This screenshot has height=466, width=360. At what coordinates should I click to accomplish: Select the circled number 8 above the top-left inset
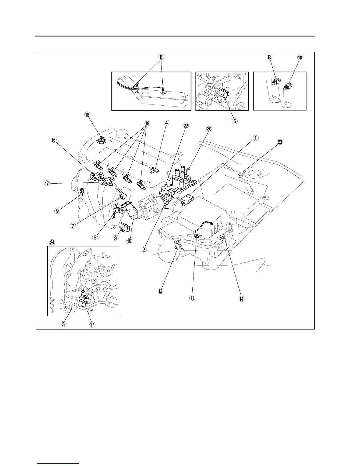pos(161,57)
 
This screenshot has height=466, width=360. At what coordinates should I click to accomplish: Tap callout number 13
pos(269,57)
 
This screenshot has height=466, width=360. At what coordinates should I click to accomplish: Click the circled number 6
pos(234,121)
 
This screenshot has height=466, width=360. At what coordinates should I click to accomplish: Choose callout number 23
pos(280,142)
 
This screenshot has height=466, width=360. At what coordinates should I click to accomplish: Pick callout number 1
pos(256,138)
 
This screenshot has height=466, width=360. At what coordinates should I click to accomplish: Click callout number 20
pos(209,129)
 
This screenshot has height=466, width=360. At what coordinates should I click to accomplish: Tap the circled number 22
pos(186,126)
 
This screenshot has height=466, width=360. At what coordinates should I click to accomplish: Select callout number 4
pos(166,122)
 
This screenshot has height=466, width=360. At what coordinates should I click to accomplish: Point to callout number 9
pos(57,211)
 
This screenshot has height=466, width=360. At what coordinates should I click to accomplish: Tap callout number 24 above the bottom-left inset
pos(52,242)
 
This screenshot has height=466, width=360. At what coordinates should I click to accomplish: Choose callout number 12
pos(160,291)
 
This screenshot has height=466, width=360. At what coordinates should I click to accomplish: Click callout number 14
pos(241,299)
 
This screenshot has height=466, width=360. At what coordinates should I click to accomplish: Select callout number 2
pos(144,249)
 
